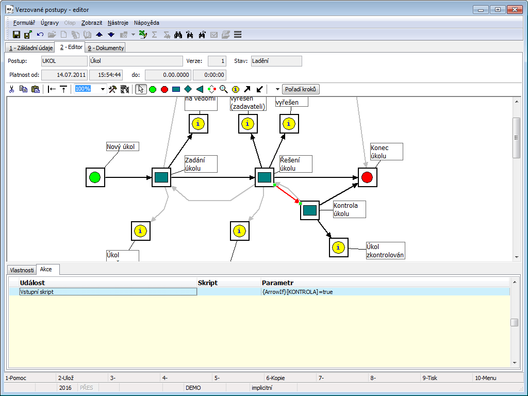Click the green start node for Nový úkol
(95, 177)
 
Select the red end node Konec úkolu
(367, 177)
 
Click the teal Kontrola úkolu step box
(310, 210)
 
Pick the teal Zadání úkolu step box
(161, 177)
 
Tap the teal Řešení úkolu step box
(265, 177)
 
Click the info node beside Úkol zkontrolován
(339, 247)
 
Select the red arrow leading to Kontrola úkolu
(287, 194)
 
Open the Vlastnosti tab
(22, 270)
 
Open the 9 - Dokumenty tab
(105, 48)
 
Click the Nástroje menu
(118, 23)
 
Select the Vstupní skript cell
(108, 292)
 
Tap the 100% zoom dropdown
(90, 89)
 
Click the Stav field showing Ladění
(276, 61)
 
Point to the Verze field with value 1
(217, 61)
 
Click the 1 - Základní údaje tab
(29, 48)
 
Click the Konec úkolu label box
(386, 152)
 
